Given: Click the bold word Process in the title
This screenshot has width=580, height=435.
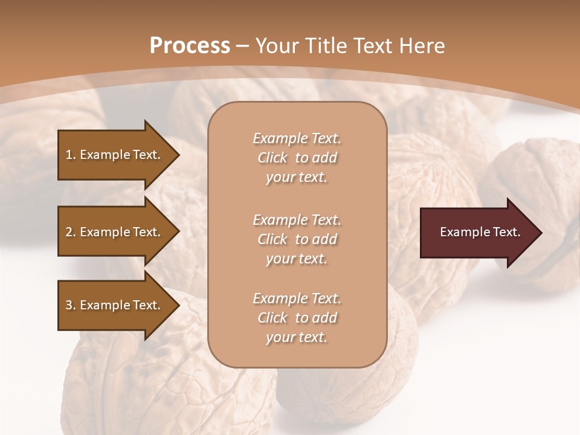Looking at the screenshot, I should [x=190, y=45].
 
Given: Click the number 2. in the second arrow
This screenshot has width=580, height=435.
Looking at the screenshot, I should [x=70, y=232].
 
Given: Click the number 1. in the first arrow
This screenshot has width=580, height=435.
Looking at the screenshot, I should [x=70, y=155].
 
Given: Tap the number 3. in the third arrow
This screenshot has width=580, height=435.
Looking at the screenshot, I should [x=70, y=305].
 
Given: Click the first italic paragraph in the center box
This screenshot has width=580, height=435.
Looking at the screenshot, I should [x=297, y=158].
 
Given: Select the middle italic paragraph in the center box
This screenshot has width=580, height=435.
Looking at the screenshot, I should [x=297, y=239].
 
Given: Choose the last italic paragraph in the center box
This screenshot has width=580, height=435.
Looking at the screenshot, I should [x=297, y=318].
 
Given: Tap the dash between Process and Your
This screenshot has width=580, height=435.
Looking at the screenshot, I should [x=242, y=46].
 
